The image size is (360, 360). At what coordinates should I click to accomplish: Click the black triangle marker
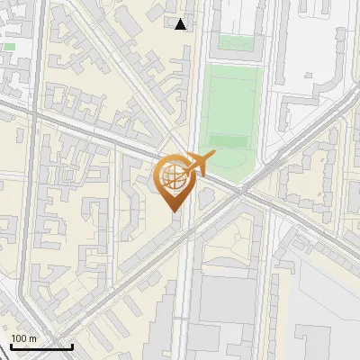pyautogui.click(x=182, y=24)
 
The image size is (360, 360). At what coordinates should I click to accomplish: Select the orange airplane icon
pyautogui.click(x=199, y=165)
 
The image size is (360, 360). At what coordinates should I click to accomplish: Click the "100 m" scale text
pyautogui.click(x=23, y=338)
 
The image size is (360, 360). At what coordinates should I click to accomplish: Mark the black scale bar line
pyautogui.click(x=41, y=346)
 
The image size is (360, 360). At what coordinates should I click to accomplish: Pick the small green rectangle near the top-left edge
pyautogui.click(x=9, y=46)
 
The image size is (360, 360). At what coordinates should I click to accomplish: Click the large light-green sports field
pyautogui.click(x=230, y=99)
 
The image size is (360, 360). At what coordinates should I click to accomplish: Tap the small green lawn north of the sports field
pyautogui.click(x=234, y=41)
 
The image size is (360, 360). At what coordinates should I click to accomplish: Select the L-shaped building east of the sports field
pyautogui.click(x=297, y=108)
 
